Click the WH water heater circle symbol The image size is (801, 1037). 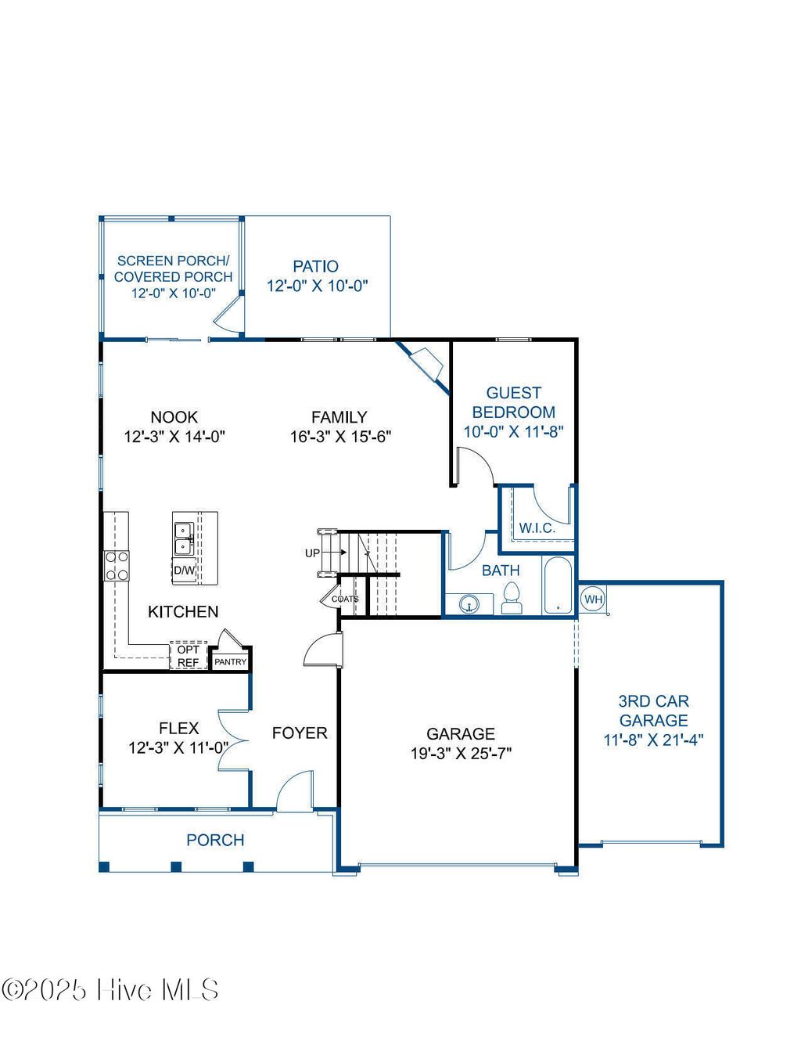click(593, 600)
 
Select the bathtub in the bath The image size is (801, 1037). click(557, 585)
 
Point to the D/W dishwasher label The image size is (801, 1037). click(184, 570)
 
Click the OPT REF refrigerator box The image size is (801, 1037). click(188, 656)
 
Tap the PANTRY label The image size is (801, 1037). click(230, 661)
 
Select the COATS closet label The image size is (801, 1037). click(345, 599)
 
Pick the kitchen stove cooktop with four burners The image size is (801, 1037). click(117, 566)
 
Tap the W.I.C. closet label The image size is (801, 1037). click(537, 528)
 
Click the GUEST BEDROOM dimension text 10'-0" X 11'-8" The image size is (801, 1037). click(513, 431)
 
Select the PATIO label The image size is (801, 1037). click(316, 266)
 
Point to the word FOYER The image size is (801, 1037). click(300, 733)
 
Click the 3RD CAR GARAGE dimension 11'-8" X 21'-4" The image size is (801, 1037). click(653, 740)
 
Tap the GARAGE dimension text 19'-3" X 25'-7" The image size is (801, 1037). click(461, 754)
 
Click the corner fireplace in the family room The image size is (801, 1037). click(426, 362)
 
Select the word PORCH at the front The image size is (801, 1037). click(215, 840)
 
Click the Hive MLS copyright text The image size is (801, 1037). click(110, 990)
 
